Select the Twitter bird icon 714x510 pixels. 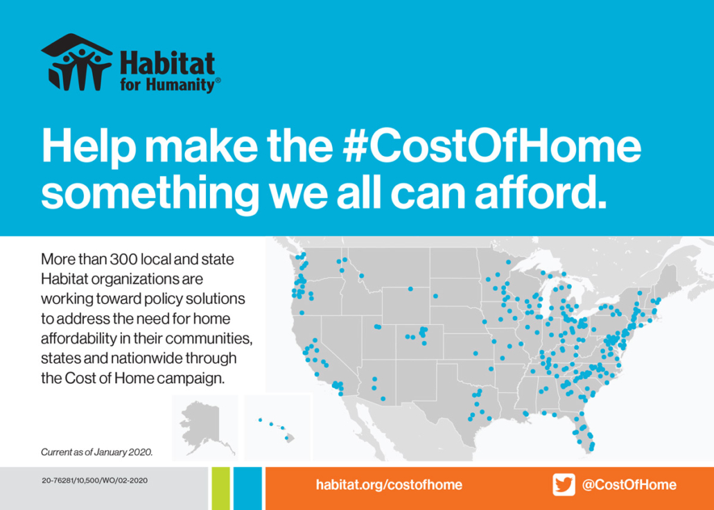[564, 484]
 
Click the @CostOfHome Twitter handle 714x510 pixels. [629, 484]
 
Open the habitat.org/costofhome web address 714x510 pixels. [389, 485]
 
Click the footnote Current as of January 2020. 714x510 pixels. [96, 453]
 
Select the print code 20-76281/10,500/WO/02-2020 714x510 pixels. [94, 480]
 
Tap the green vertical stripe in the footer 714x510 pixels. [221, 488]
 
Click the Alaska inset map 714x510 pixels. [205, 428]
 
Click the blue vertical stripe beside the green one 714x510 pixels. [247, 488]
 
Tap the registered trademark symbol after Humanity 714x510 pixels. [218, 80]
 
